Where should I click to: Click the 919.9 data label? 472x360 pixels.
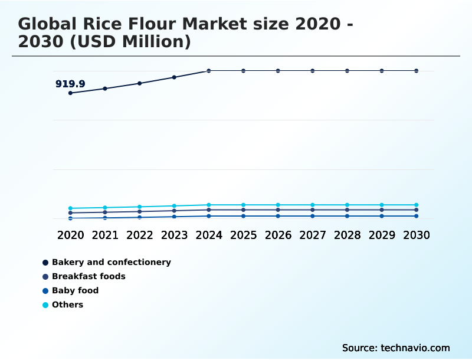(x=70, y=84)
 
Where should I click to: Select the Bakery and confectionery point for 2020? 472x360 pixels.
(x=70, y=93)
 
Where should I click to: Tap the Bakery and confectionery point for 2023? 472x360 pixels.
(x=174, y=77)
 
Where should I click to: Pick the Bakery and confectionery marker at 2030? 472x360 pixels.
(x=417, y=71)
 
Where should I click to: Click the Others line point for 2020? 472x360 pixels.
(x=70, y=208)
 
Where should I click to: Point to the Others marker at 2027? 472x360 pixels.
(x=313, y=205)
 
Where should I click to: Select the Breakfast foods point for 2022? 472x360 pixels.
(x=140, y=211)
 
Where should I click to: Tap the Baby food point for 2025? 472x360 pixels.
(x=243, y=216)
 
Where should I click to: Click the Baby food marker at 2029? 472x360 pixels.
(x=382, y=216)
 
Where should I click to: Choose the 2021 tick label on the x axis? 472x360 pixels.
(x=105, y=235)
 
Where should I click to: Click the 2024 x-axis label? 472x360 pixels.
(x=209, y=235)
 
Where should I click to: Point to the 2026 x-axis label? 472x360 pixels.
(x=278, y=235)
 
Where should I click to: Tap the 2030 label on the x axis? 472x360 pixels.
(x=417, y=235)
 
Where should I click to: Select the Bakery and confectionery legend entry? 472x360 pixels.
(x=111, y=262)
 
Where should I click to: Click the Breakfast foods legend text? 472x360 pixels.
(x=88, y=276)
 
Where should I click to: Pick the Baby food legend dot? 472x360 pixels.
(x=45, y=291)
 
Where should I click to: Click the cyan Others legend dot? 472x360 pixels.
(x=45, y=305)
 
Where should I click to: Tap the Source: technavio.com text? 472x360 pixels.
(x=396, y=348)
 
